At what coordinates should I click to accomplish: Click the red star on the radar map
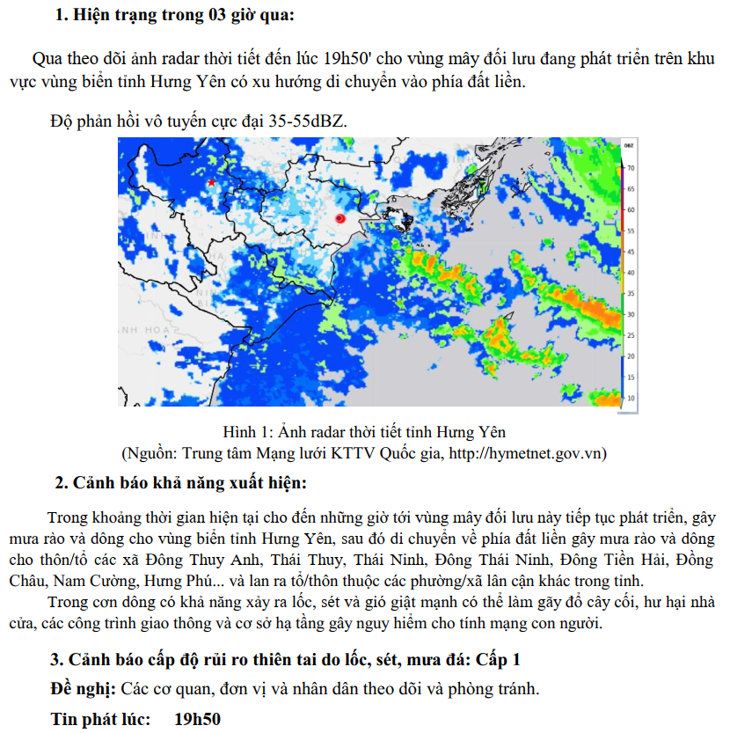tap(211, 182)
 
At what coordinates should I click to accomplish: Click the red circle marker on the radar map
tap(340, 218)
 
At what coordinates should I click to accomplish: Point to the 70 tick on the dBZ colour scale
tap(631, 167)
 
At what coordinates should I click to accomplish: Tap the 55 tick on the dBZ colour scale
tap(631, 231)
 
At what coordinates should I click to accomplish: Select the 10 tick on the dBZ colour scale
tap(631, 398)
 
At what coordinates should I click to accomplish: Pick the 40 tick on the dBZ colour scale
tap(631, 273)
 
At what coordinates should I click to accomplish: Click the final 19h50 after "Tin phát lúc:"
tap(198, 719)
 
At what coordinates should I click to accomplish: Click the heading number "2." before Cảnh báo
tap(62, 483)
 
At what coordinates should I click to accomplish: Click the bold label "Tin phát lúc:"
tap(101, 719)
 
